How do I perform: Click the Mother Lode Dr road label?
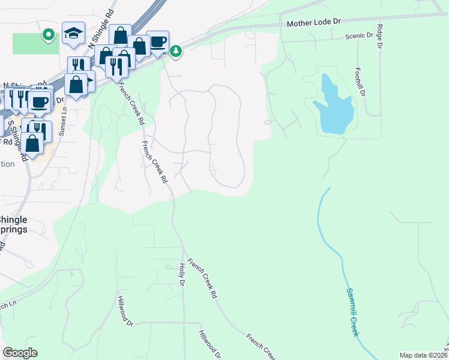[x=313, y=23]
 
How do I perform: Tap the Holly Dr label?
[x=181, y=274]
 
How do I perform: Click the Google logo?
[x=20, y=353]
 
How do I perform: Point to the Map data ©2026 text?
[x=423, y=355]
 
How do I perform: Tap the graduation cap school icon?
[x=73, y=33]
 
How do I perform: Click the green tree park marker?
[x=175, y=52]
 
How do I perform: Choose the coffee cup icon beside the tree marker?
[x=157, y=41]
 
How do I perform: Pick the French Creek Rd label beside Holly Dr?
[x=201, y=279]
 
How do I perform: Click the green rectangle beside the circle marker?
[x=27, y=43]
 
